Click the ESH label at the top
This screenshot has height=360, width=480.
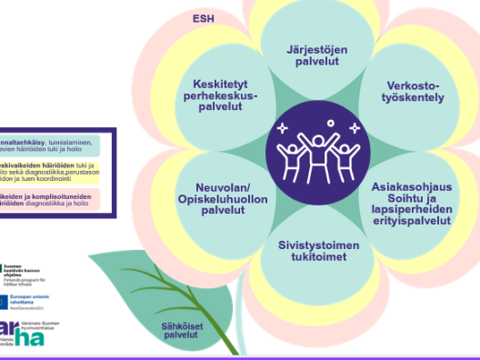[203, 18]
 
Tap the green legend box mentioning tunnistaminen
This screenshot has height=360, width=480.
[55, 145]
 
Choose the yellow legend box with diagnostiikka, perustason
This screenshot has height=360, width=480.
[55, 173]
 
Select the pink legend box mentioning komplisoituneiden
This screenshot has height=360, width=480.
[55, 200]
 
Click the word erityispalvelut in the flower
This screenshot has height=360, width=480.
[412, 219]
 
